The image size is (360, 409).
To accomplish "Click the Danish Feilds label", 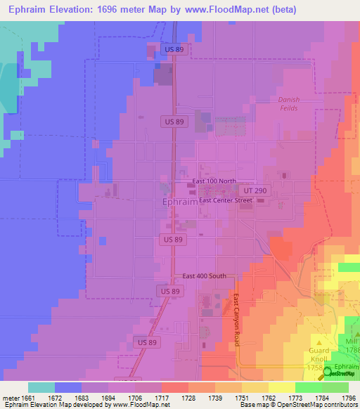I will pyautogui.click(x=288, y=104).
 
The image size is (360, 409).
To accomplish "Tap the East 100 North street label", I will pyautogui.click(x=214, y=181).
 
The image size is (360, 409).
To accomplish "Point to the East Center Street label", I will pyautogui.click(x=225, y=200).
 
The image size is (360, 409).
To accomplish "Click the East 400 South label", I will pyautogui.click(x=204, y=276).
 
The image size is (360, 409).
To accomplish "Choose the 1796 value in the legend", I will pyautogui.click(x=349, y=398).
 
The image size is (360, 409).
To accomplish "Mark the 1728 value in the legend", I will pyautogui.click(x=188, y=398).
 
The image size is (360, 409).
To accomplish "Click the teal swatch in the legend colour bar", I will pyautogui.click(x=41, y=387).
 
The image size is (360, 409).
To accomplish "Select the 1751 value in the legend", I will pyautogui.click(x=242, y=398).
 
